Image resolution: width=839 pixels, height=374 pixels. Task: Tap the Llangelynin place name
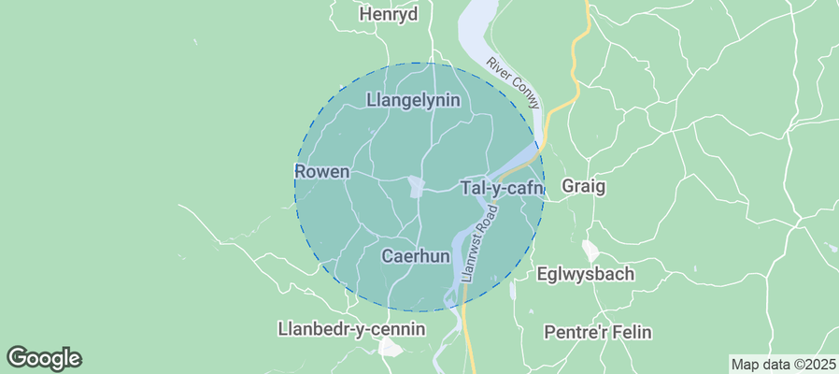tap(413, 100)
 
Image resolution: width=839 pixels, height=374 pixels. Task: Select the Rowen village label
tap(321, 172)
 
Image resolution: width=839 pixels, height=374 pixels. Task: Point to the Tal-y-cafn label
tap(502, 188)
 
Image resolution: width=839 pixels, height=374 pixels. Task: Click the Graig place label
tap(583, 187)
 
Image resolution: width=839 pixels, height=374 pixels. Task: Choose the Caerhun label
tap(417, 255)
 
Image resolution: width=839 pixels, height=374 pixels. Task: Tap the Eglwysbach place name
tap(586, 275)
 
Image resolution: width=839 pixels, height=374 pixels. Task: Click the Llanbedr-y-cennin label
tap(351, 329)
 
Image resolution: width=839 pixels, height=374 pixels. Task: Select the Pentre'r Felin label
tap(598, 332)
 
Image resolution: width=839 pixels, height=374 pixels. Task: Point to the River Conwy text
tap(513, 83)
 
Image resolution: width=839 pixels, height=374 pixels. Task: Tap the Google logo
tap(44, 357)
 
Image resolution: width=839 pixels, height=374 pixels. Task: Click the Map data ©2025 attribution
tap(782, 364)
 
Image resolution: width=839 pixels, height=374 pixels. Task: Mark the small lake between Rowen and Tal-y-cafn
tap(416, 187)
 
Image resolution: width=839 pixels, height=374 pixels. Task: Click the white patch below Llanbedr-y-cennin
tap(391, 348)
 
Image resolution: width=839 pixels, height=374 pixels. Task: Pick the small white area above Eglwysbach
tap(590, 250)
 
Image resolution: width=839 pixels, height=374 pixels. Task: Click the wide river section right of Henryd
tap(476, 23)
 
